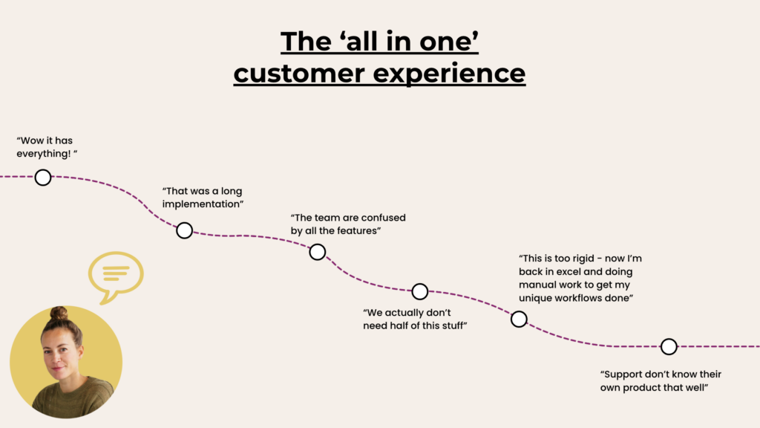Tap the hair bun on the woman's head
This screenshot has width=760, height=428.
pyautogui.click(x=59, y=314)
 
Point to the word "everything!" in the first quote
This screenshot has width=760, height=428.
pyautogui.click(x=44, y=154)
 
